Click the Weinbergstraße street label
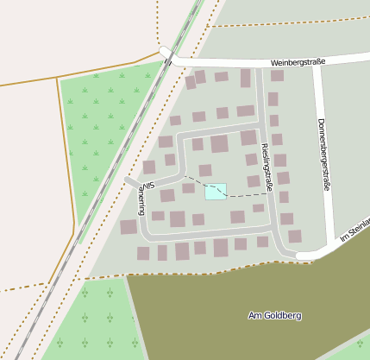coord(297,62)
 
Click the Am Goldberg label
coord(274,315)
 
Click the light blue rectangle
coord(216,191)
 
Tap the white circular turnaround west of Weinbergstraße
coord(166,53)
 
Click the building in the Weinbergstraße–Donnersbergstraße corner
coord(277,76)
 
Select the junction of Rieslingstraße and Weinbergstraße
coord(260,65)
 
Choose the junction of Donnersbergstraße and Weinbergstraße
coord(317,62)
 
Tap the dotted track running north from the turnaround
coord(158,22)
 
